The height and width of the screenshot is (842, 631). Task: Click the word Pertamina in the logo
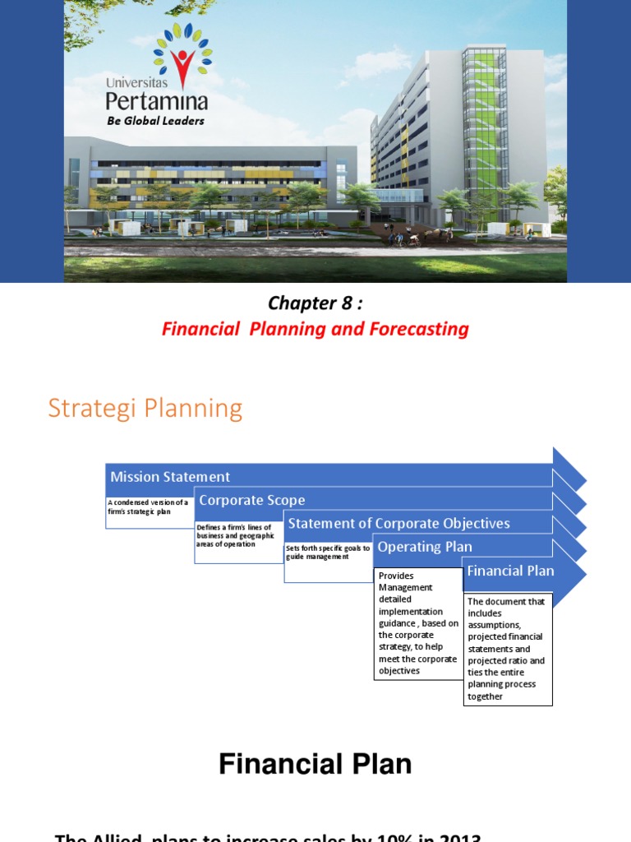[x=156, y=100]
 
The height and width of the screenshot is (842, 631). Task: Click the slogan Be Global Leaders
[x=155, y=121]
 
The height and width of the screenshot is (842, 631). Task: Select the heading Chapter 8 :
[x=315, y=303]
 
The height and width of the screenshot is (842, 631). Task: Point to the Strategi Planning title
[x=145, y=408]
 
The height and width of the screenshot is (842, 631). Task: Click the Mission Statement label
[x=170, y=477]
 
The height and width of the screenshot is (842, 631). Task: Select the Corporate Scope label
[x=251, y=500]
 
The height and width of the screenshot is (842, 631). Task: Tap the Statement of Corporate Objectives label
[x=398, y=523]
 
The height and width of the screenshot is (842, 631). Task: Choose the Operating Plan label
[x=424, y=547]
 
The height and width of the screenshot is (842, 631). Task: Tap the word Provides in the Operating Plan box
[x=396, y=576]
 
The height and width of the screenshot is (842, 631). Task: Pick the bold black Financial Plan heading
[x=315, y=765]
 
